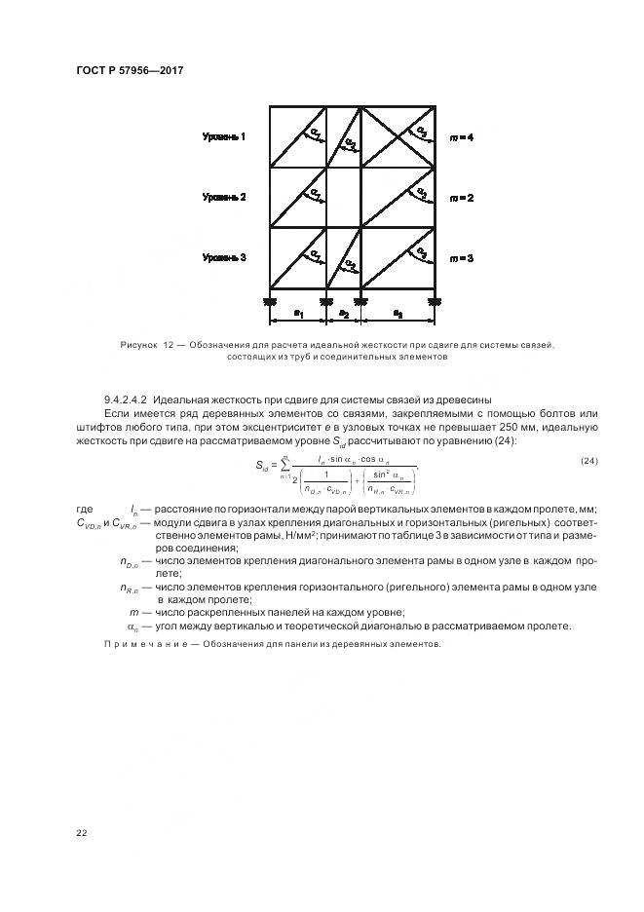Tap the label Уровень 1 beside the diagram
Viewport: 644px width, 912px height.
pyautogui.click(x=224, y=136)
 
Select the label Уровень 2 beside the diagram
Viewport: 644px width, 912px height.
pyautogui.click(x=224, y=197)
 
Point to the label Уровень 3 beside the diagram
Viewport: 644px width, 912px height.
pyautogui.click(x=224, y=257)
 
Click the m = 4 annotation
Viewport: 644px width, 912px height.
pyautogui.click(x=461, y=137)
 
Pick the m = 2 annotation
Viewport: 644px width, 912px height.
pyautogui.click(x=461, y=198)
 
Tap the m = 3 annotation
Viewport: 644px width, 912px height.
pyautogui.click(x=461, y=258)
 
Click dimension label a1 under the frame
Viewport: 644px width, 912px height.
pyautogui.click(x=298, y=314)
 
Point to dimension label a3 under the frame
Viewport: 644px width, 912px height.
pyautogui.click(x=398, y=314)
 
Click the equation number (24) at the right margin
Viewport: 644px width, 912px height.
pyautogui.click(x=588, y=461)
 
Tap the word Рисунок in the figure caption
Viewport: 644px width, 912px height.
pyautogui.click(x=137, y=346)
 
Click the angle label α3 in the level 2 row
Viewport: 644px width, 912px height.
pyautogui.click(x=421, y=191)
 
